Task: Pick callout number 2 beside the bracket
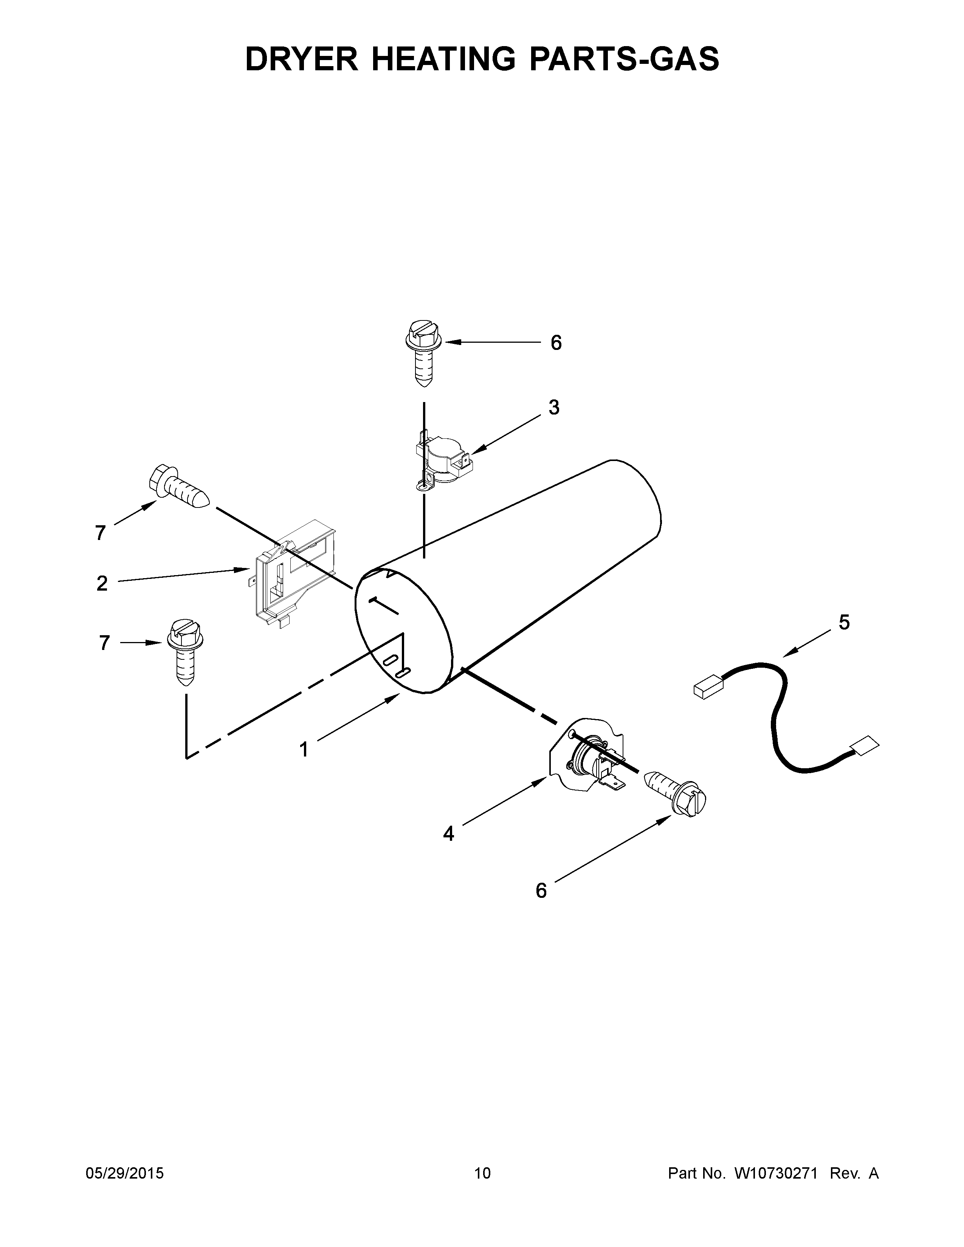[x=102, y=583]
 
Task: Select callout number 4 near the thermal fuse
[x=448, y=834]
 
